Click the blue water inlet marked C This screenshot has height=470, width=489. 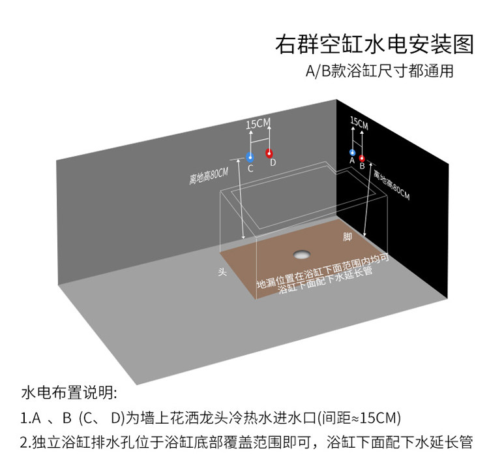pyautogui.click(x=250, y=157)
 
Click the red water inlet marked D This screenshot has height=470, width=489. pyautogui.click(x=269, y=153)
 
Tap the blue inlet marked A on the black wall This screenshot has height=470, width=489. pyautogui.click(x=352, y=152)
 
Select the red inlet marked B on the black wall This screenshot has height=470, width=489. pyautogui.click(x=362, y=159)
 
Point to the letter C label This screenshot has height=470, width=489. pyautogui.click(x=250, y=168)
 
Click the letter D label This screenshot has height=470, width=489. pyautogui.click(x=273, y=163)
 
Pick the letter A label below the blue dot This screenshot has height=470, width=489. pyautogui.click(x=352, y=161)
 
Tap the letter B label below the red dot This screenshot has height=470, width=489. pyautogui.click(x=362, y=166)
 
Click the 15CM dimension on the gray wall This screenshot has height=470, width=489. pyautogui.click(x=258, y=123)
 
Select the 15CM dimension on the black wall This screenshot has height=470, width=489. pyautogui.click(x=359, y=123)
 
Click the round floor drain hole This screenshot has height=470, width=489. pyautogui.click(x=302, y=254)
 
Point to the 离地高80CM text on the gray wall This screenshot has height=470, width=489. pyautogui.click(x=209, y=176)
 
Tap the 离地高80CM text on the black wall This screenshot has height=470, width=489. pyautogui.click(x=392, y=185)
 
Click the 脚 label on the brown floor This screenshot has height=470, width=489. pyautogui.click(x=348, y=237)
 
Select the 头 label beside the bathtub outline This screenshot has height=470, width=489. pyautogui.click(x=222, y=272)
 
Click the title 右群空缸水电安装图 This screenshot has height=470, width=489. pyautogui.click(x=374, y=44)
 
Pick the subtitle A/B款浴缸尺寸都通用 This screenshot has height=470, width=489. pyautogui.click(x=379, y=71)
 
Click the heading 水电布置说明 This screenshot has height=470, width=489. pyautogui.click(x=69, y=392)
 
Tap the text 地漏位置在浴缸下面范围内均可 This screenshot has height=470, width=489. pyautogui.click(x=323, y=270)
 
